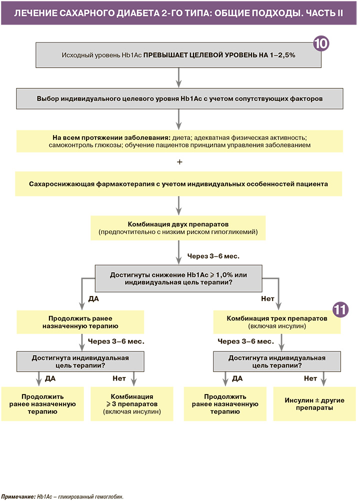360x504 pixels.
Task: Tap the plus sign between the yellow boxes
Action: (179, 162)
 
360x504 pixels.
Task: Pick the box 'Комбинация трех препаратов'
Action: (277, 321)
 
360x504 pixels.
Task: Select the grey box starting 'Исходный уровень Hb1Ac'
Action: (178, 55)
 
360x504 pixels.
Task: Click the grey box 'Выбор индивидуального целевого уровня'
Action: (179, 98)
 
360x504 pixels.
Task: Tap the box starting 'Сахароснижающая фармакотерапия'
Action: (179, 184)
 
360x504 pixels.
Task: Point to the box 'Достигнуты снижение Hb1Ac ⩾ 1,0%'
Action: (178, 279)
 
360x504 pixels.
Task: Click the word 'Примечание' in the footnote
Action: (18, 497)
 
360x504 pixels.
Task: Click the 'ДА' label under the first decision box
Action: (93, 299)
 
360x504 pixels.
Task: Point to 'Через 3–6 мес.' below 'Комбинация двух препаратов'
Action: (213, 256)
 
